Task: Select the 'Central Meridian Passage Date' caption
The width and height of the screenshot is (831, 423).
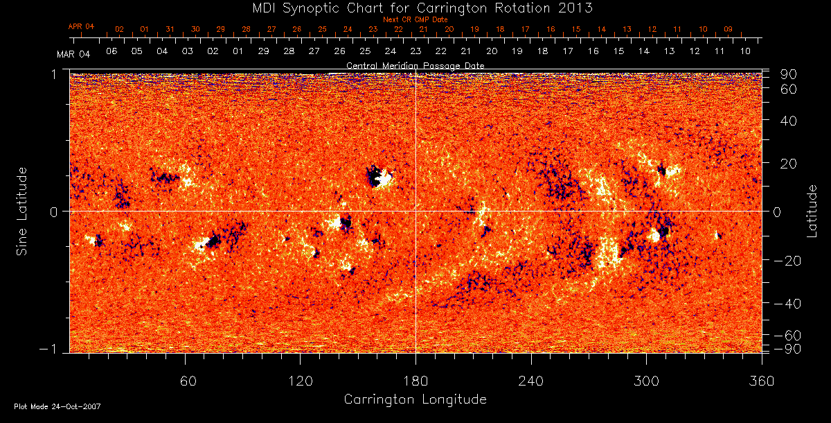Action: [415, 65]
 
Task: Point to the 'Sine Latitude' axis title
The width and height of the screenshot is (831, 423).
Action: [22, 211]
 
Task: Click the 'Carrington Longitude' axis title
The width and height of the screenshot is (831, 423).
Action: [415, 399]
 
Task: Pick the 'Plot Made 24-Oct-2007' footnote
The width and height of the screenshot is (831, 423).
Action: [57, 406]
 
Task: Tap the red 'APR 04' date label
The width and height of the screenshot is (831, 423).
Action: [81, 26]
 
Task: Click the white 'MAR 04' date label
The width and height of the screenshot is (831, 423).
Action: [73, 53]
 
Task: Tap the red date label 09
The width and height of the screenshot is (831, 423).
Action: [728, 29]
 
